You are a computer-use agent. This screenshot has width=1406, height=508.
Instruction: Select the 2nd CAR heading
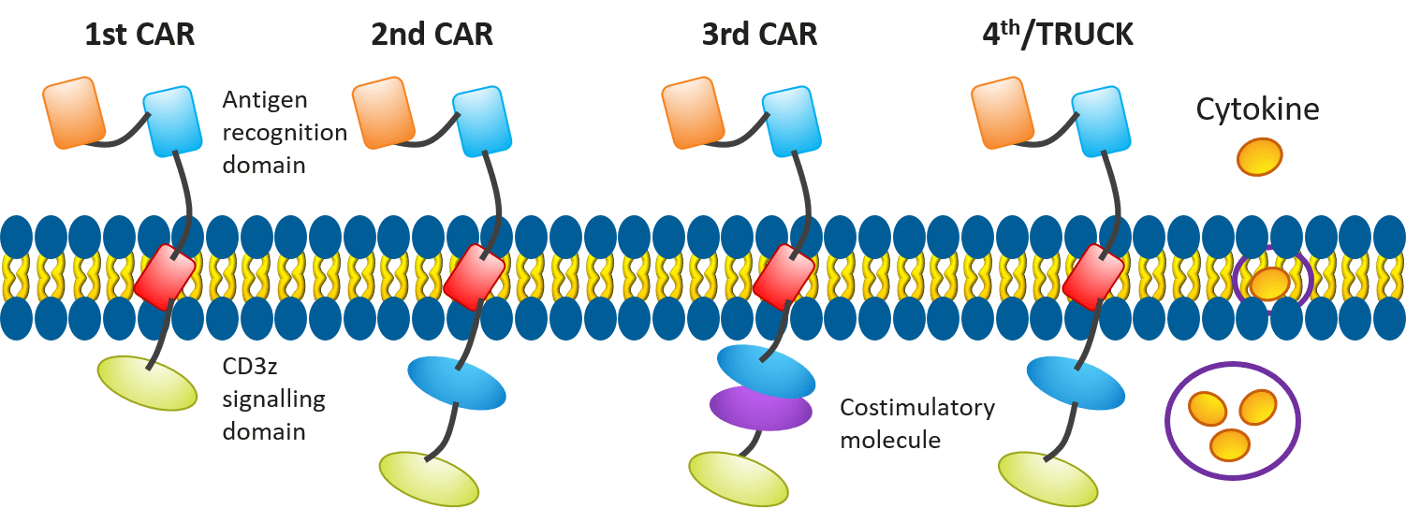click(432, 36)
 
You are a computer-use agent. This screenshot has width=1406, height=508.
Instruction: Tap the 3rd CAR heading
click(759, 36)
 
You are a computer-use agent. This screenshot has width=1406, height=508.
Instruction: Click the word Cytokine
click(1257, 109)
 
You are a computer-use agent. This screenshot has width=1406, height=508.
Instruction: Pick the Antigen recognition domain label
click(285, 132)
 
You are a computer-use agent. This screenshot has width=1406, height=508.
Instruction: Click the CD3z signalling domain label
click(272, 399)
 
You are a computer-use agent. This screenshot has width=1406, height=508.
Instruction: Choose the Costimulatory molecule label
click(916, 423)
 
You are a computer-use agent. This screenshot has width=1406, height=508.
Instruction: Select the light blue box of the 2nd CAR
click(483, 121)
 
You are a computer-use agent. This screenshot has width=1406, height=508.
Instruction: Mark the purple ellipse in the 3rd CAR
click(760, 408)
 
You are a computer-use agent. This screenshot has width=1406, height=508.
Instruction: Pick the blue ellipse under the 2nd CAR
click(456, 379)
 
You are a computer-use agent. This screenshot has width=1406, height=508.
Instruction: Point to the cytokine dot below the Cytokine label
click(1260, 156)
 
